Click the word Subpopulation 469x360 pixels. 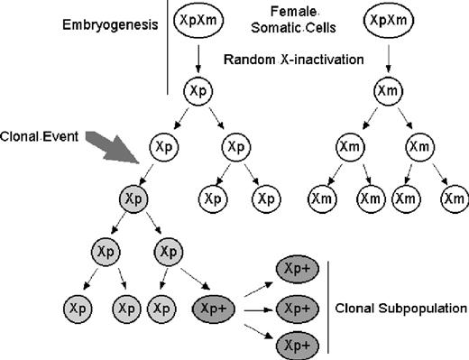[x=424, y=309]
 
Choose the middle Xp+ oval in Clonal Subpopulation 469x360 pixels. [x=299, y=309]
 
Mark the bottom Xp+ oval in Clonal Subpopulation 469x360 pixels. [x=299, y=345]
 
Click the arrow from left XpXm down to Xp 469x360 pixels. [x=199, y=58]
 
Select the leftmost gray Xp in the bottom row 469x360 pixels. [x=78, y=309]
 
